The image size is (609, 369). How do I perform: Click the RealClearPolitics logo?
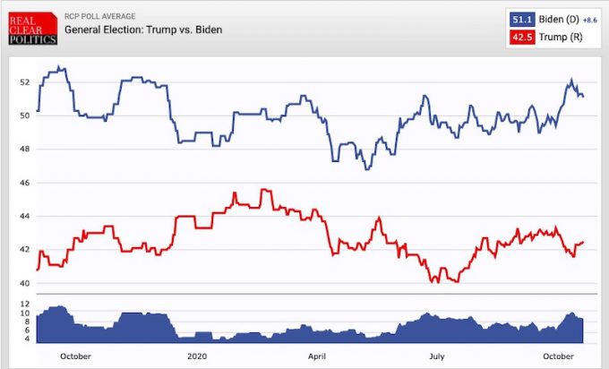[x=30, y=28]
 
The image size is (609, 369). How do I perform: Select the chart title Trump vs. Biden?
[x=142, y=30]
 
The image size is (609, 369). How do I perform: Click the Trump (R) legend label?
[x=558, y=36]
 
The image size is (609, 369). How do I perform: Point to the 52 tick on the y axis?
[x=25, y=82]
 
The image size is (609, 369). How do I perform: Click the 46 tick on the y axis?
[x=25, y=183]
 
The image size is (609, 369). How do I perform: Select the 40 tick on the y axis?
[x=25, y=284]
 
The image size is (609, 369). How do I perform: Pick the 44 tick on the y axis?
[x=25, y=217]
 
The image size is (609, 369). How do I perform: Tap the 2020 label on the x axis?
[x=197, y=356]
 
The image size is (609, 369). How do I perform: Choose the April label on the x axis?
[x=318, y=356]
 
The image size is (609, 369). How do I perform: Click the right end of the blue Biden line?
[x=584, y=96]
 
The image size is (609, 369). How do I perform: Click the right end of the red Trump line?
[x=584, y=242]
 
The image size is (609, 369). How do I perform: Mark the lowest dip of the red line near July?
[x=434, y=281]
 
